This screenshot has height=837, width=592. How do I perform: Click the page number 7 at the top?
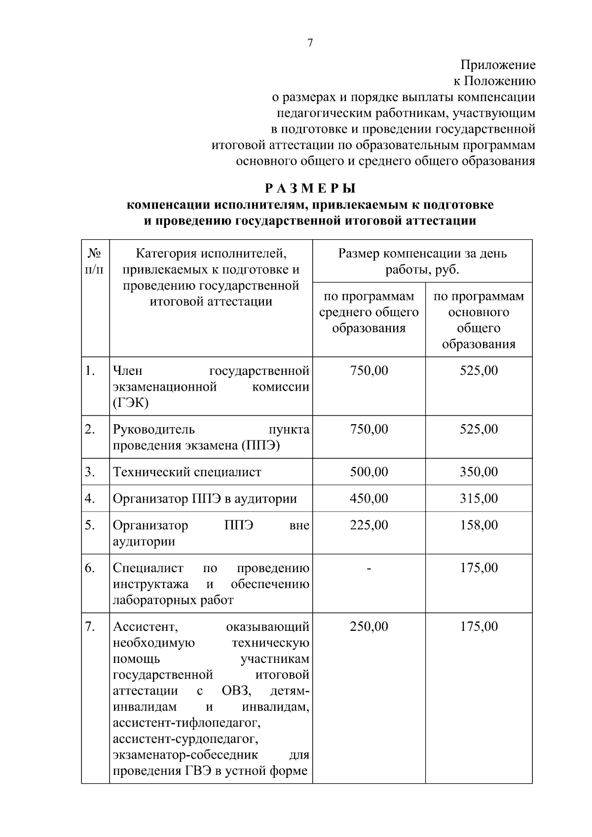point(310,43)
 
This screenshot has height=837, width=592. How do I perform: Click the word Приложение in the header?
point(498,65)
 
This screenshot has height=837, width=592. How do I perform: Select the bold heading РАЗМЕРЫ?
point(310,188)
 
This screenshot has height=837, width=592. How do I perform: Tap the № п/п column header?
point(95,261)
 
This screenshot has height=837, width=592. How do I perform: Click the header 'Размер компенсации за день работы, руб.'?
point(422,261)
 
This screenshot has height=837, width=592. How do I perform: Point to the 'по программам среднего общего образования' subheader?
point(369,312)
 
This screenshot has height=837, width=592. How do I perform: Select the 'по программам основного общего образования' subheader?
point(479,320)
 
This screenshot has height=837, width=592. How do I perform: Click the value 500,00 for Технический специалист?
point(369,472)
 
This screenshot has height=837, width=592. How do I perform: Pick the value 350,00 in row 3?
point(479,472)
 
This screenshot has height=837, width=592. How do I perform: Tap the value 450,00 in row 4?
point(369,499)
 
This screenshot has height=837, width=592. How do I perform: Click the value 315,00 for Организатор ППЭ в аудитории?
point(479,499)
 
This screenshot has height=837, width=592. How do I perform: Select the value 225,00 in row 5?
point(369,525)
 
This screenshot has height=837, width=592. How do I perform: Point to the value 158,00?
point(479,525)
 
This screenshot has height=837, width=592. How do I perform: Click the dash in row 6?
point(369,569)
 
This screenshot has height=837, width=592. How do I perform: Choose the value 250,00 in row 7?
point(369,627)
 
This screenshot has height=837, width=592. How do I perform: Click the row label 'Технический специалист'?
point(187,472)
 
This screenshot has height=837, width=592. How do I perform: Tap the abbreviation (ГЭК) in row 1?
point(131,403)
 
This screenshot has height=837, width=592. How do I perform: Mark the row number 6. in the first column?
point(89,568)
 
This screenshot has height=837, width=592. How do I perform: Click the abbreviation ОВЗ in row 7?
point(237,691)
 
